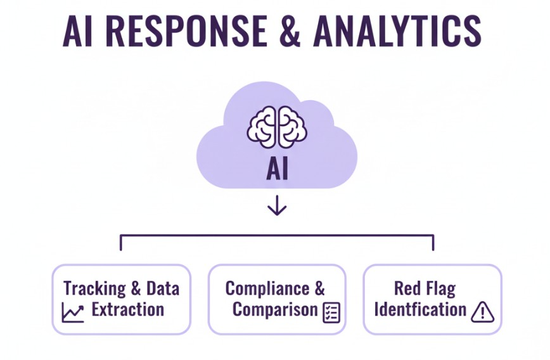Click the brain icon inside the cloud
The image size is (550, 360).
pos(276,125)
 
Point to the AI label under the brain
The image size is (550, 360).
pos(276,170)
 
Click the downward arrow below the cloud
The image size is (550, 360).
pos(276,205)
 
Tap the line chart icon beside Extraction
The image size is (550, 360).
pos(73,311)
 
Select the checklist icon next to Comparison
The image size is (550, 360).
pos(331,312)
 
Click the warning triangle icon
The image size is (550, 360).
pos(482,311)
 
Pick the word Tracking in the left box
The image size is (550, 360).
pos(94,289)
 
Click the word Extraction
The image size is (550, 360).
pos(128,310)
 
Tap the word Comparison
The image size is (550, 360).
pos(274,310)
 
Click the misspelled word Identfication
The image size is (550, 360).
pos(420,310)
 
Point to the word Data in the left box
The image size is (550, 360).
pos(163,289)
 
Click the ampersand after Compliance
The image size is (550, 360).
pos(319,289)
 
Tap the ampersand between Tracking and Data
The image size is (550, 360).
pos(136,289)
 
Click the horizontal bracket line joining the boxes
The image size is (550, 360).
pos(276,236)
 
